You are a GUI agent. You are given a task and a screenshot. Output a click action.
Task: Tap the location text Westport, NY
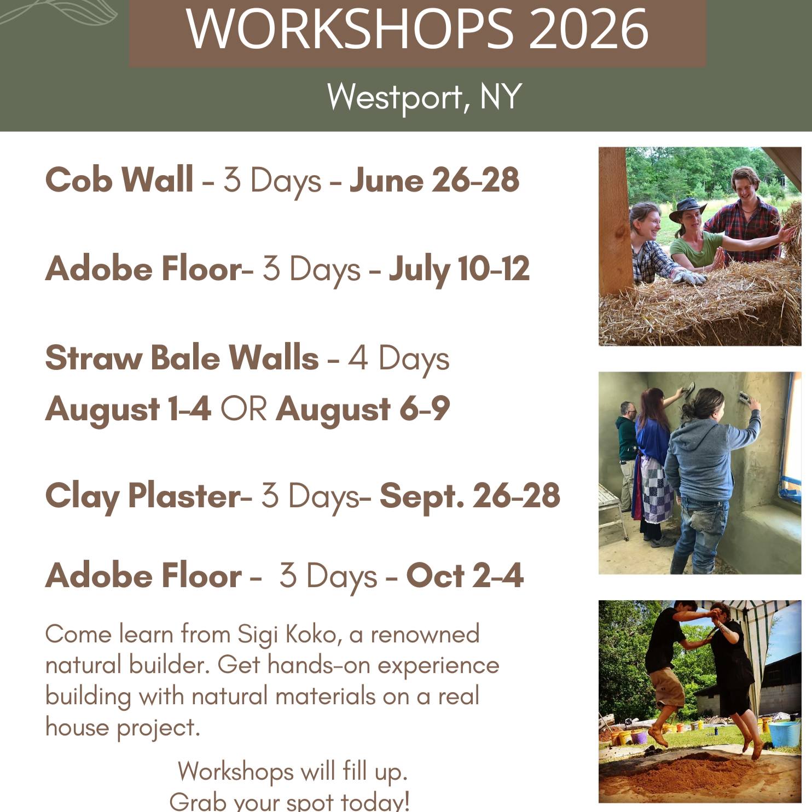pos(424,97)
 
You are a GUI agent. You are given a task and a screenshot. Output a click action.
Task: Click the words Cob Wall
pos(119,179)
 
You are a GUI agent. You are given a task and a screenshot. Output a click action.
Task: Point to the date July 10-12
pos(459,269)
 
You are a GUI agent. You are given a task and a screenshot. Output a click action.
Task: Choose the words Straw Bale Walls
pos(182,358)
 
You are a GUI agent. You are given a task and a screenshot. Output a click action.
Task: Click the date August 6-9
pos(363,409)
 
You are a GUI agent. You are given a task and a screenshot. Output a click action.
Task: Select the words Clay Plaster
pos(143,496)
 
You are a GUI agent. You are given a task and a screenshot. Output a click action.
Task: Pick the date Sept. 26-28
pos(470,496)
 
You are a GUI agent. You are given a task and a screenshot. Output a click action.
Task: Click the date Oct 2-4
pos(465,576)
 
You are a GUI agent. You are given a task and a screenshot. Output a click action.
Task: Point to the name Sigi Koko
pos(287,635)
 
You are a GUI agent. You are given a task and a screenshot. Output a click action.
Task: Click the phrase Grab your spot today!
pos(289,802)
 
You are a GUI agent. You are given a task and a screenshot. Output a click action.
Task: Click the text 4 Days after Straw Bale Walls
pos(398,358)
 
